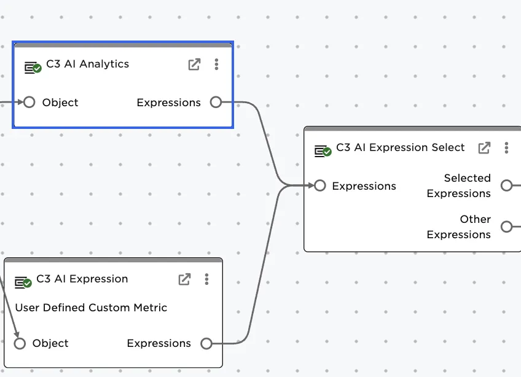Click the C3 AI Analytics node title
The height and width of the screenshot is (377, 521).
pyautogui.click(x=87, y=64)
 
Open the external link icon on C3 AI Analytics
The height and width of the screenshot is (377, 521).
pyautogui.click(x=194, y=64)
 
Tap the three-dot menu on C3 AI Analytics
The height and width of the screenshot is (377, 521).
pyautogui.click(x=216, y=64)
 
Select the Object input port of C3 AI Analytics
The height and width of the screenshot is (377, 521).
pyautogui.click(x=29, y=103)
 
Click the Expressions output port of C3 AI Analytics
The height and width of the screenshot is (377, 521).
pyautogui.click(x=216, y=103)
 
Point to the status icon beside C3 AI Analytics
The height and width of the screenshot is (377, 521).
pyautogui.click(x=33, y=68)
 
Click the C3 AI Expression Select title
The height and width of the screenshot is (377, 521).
pyautogui.click(x=400, y=147)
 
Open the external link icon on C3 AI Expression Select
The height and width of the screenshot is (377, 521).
pyautogui.click(x=484, y=148)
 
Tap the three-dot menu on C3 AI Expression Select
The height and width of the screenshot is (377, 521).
pyautogui.click(x=506, y=148)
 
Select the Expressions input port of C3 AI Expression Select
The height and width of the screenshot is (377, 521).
pyautogui.click(x=319, y=186)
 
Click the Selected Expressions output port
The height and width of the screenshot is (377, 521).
pyautogui.click(x=506, y=185)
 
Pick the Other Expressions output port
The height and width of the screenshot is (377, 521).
pyautogui.click(x=506, y=227)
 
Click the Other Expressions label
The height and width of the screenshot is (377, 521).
pyautogui.click(x=459, y=227)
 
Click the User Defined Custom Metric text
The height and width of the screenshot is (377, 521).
pyautogui.click(x=91, y=308)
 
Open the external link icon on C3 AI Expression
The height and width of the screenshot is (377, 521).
pyautogui.click(x=184, y=279)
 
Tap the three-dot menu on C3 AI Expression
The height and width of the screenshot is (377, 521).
pyautogui.click(x=206, y=279)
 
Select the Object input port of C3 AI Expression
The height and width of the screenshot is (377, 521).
pyautogui.click(x=20, y=343)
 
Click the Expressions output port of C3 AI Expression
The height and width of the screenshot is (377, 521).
pyautogui.click(x=206, y=343)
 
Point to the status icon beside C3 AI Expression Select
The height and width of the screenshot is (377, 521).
pyautogui.click(x=323, y=151)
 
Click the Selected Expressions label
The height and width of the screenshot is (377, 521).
pyautogui.click(x=459, y=185)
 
